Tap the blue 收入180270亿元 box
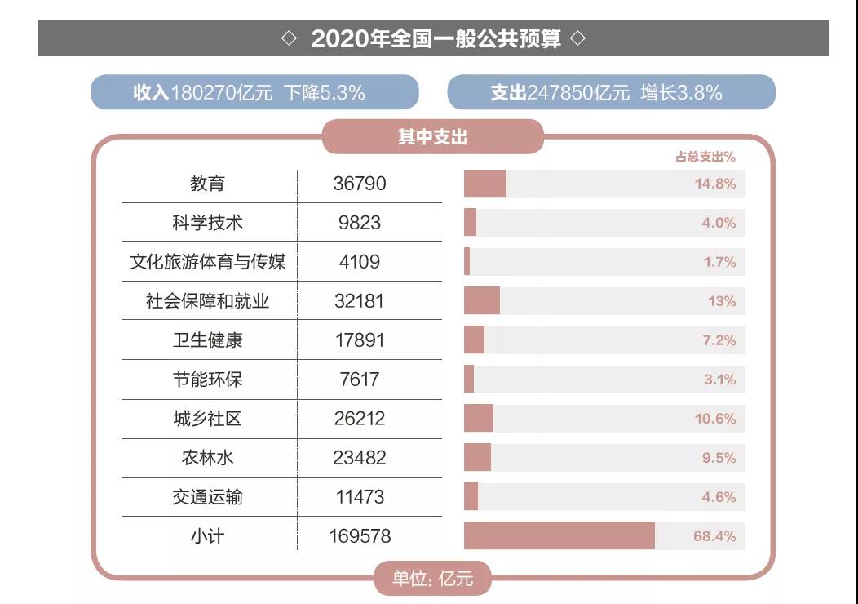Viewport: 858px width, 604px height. point(254,92)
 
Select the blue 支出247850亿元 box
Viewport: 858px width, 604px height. point(611,92)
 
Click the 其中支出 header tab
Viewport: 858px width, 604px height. point(432,137)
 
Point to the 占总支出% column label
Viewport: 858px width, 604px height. point(705,158)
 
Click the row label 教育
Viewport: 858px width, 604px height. point(207,184)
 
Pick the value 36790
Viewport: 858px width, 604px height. point(360,184)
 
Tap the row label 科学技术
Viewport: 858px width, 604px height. point(207,223)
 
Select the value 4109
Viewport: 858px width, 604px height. point(360,262)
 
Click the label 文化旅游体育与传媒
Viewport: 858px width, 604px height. point(208,262)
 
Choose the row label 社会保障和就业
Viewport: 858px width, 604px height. point(207,301)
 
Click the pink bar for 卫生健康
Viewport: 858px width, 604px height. point(474,340)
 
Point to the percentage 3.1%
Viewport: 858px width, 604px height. point(719,380)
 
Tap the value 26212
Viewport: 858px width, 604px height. point(360,419)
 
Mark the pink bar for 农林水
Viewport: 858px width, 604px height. point(477,458)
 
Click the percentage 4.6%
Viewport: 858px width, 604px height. point(719,497)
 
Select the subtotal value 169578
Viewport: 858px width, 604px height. point(360,536)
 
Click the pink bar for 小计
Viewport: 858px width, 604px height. point(559,536)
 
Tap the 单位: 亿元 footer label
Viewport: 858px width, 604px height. point(432,580)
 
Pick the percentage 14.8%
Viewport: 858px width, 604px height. point(715,184)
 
